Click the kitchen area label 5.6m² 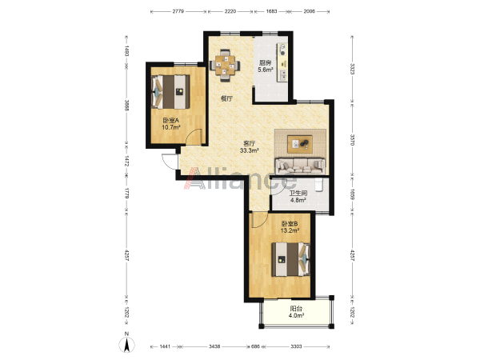pos(265,70)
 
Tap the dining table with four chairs pos(225,66)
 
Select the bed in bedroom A pos(171,91)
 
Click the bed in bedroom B pos(291,259)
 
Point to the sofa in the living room pos(300,166)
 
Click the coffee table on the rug pos(300,144)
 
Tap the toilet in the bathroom pos(319,185)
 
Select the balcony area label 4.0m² pos(296,316)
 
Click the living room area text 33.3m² pos(250,150)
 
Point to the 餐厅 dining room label pos(227,98)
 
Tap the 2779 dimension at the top pos(178,11)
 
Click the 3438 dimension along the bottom pos(214,346)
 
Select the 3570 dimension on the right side pos(352,139)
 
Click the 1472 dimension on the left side pos(126,161)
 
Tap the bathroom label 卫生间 pos(298,193)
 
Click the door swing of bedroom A pos(194,137)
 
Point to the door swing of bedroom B pos(259,220)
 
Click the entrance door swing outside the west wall pos(170,161)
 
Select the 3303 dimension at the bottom pos(296,346)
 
